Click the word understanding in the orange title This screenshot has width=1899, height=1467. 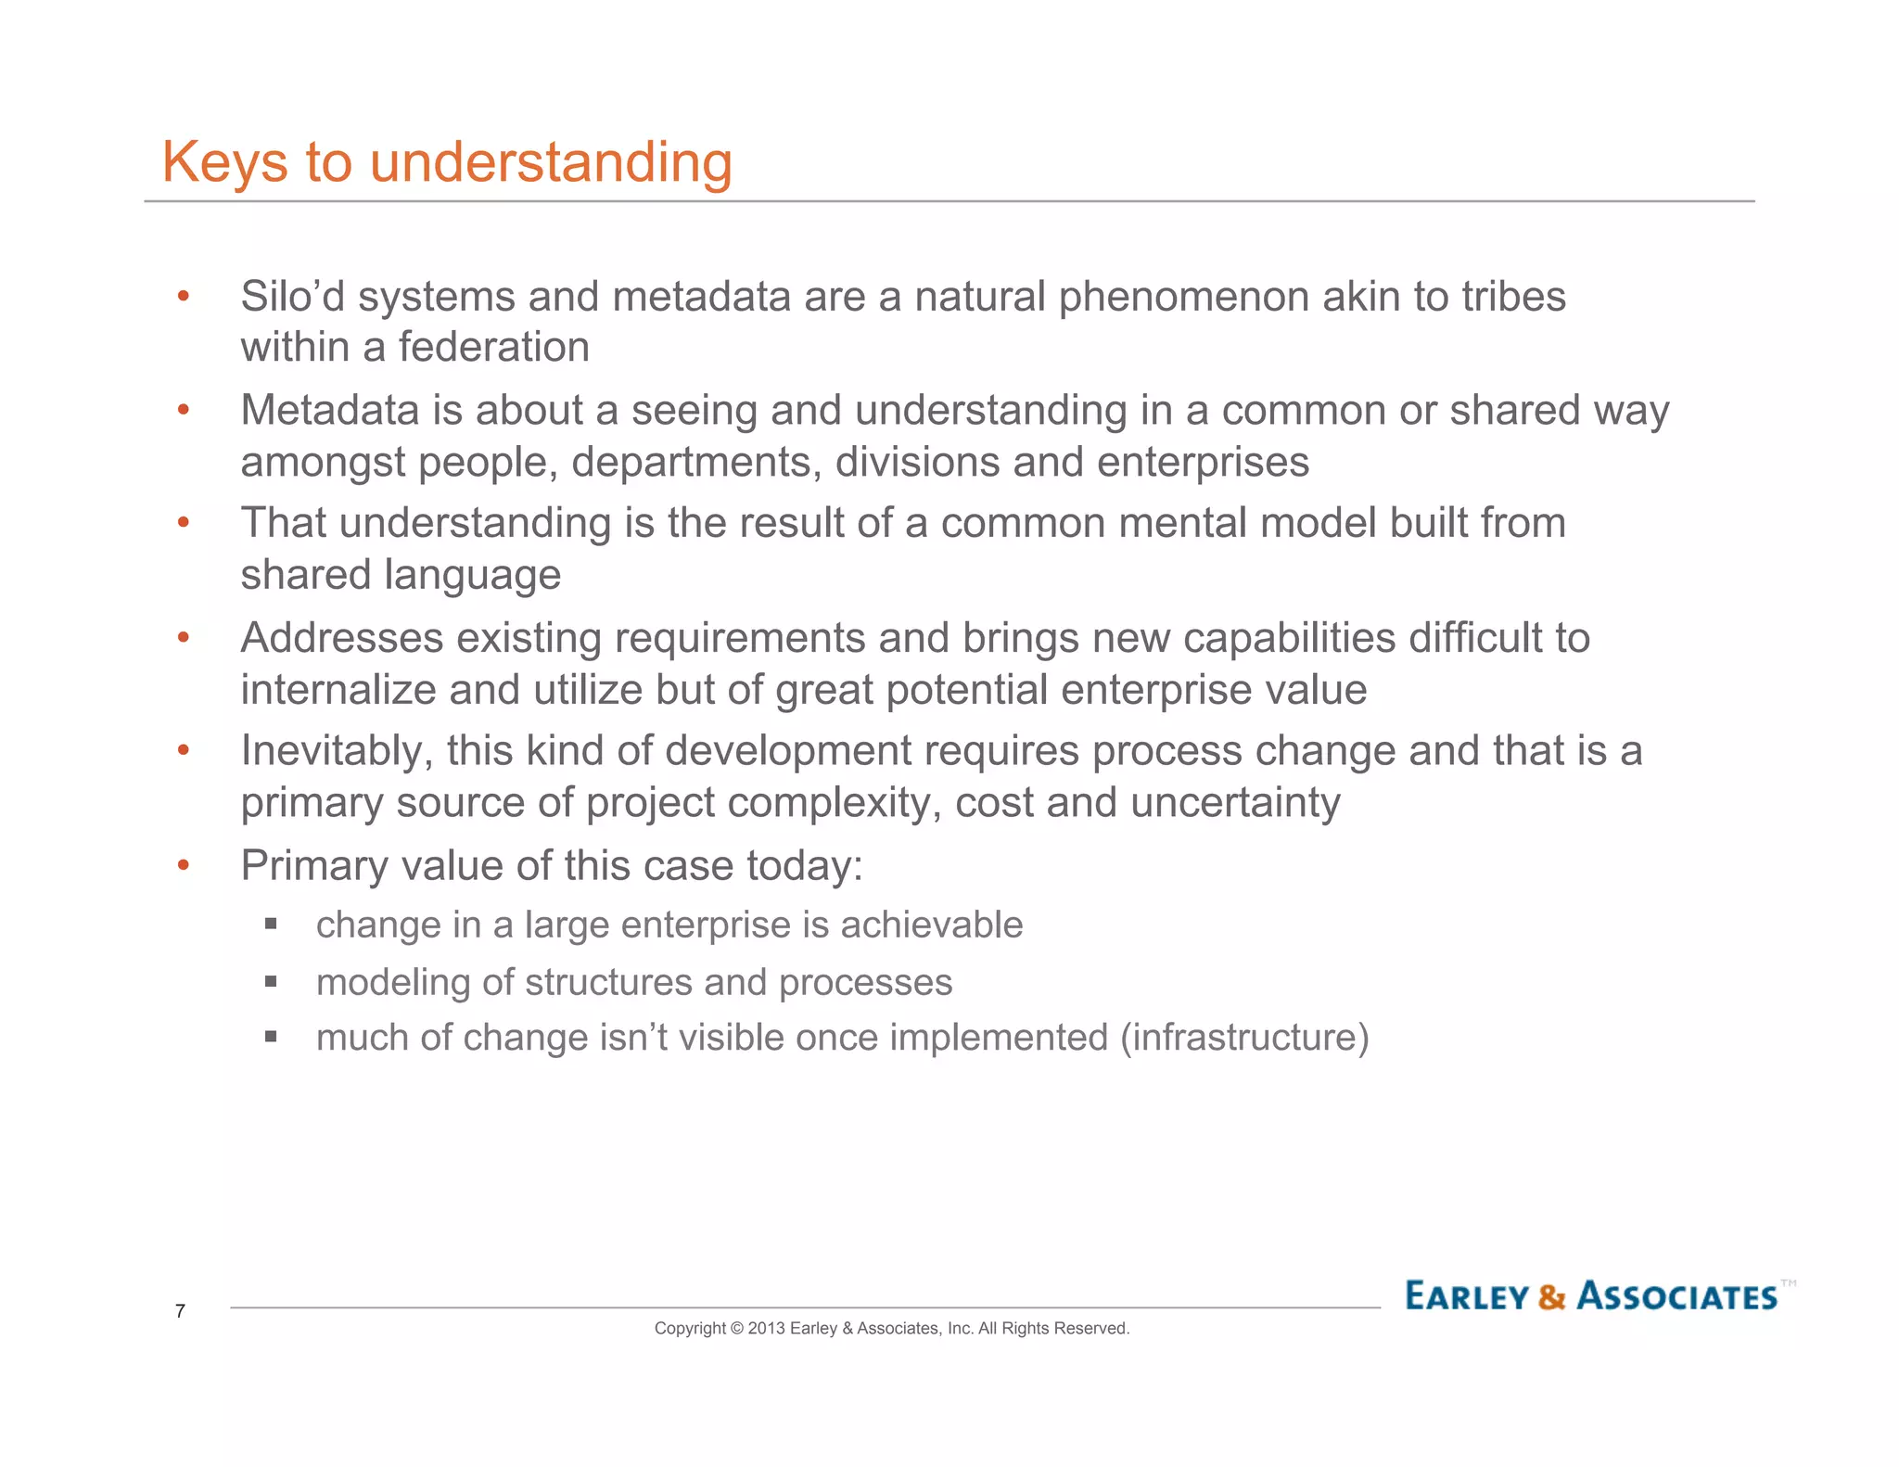(x=551, y=163)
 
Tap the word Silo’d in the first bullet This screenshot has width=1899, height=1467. (x=292, y=298)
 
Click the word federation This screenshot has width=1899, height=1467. (x=493, y=348)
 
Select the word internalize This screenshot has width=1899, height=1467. (x=338, y=691)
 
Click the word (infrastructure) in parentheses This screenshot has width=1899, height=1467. (x=1244, y=1038)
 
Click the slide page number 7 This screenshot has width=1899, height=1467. (x=180, y=1311)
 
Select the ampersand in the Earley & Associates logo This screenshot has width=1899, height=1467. (x=1551, y=1296)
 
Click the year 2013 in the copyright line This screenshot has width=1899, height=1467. (x=766, y=1329)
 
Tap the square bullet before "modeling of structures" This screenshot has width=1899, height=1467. (x=271, y=981)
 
